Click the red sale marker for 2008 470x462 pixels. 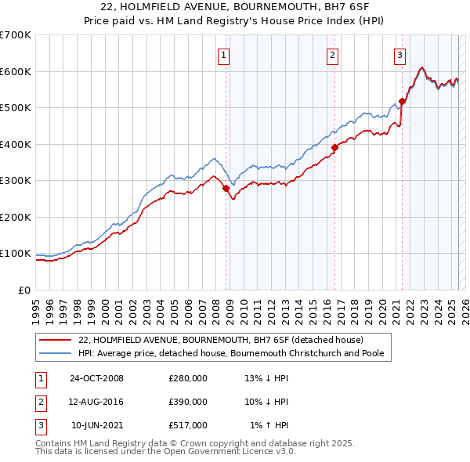[x=226, y=188]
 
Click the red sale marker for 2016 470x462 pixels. [x=334, y=147]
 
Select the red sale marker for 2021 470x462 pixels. [x=402, y=101]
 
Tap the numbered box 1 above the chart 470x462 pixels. [x=224, y=55]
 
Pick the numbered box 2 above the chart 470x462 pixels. [x=333, y=55]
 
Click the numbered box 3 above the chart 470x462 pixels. [x=400, y=55]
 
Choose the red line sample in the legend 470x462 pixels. [x=54, y=340]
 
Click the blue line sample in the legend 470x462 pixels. [x=54, y=353]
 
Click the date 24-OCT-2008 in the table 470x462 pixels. [x=96, y=378]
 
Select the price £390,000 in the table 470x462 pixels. [x=188, y=402]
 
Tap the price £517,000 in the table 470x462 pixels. [x=188, y=425]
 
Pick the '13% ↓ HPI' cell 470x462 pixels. [x=267, y=378]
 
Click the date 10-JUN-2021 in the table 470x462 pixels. [x=96, y=425]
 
